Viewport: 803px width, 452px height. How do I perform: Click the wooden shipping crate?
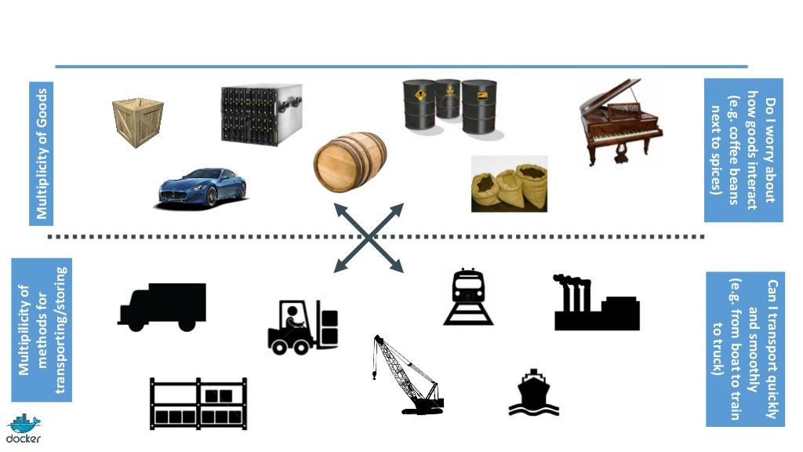(x=137, y=122)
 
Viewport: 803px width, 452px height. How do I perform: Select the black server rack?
(x=261, y=114)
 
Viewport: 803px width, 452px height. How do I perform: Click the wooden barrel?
(x=350, y=162)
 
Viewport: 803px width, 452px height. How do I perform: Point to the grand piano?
(x=620, y=121)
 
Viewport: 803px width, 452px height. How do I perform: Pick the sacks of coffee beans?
(x=509, y=184)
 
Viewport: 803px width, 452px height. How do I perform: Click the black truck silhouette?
(x=162, y=306)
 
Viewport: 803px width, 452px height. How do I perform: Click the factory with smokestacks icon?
(x=596, y=304)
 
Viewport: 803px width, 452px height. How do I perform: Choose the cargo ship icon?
(x=533, y=392)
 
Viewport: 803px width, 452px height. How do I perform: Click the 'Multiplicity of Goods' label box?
(x=42, y=153)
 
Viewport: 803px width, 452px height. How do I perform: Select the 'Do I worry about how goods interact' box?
(x=743, y=149)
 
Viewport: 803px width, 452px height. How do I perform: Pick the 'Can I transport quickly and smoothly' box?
(x=744, y=348)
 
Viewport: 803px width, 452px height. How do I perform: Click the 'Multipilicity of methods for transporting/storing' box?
(x=42, y=330)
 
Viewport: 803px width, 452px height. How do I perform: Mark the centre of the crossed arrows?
(x=369, y=237)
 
